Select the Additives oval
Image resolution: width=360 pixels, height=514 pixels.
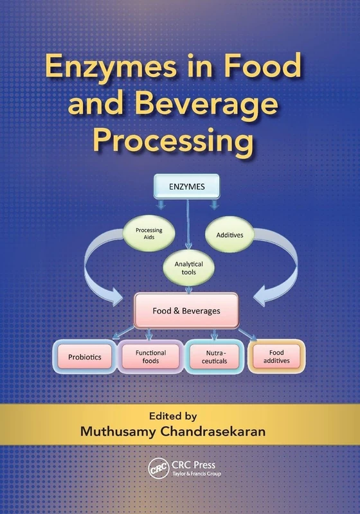point(229,235)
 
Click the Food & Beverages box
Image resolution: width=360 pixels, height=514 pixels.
point(186,310)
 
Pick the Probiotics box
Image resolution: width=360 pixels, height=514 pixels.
point(85,357)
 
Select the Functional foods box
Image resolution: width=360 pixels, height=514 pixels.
point(150,357)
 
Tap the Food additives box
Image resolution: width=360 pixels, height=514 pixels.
point(276,357)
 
